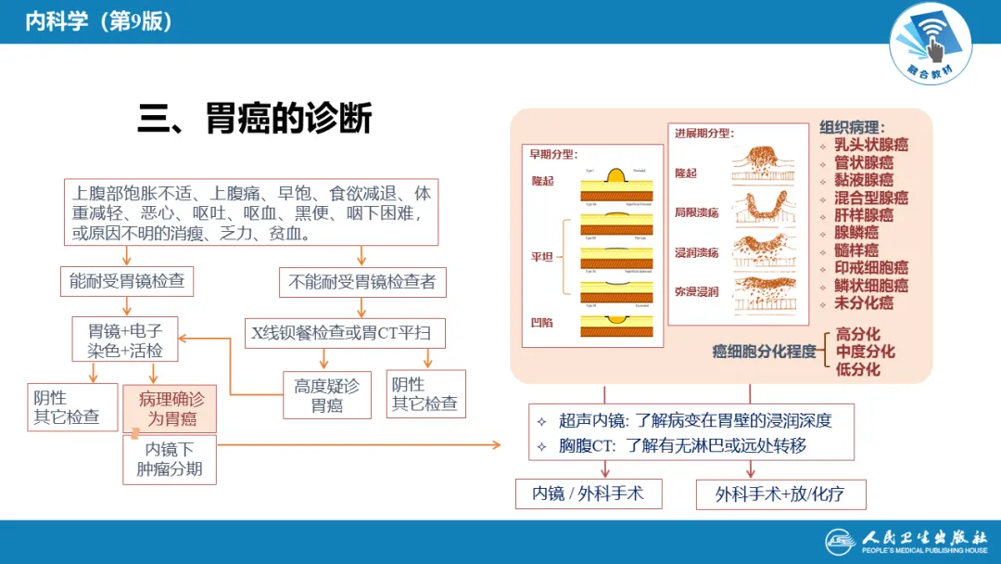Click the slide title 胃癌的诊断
(x=255, y=120)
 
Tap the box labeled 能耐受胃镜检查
(x=132, y=281)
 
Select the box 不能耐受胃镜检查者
(x=362, y=281)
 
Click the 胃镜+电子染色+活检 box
(x=125, y=340)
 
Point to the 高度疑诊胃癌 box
(x=326, y=395)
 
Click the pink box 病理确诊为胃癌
(x=170, y=409)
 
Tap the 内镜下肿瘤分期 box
(x=169, y=459)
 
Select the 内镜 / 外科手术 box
(x=589, y=493)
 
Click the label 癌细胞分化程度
(x=764, y=352)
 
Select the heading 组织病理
(x=851, y=127)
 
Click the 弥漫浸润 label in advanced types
(x=697, y=292)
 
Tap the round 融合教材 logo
(x=930, y=42)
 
